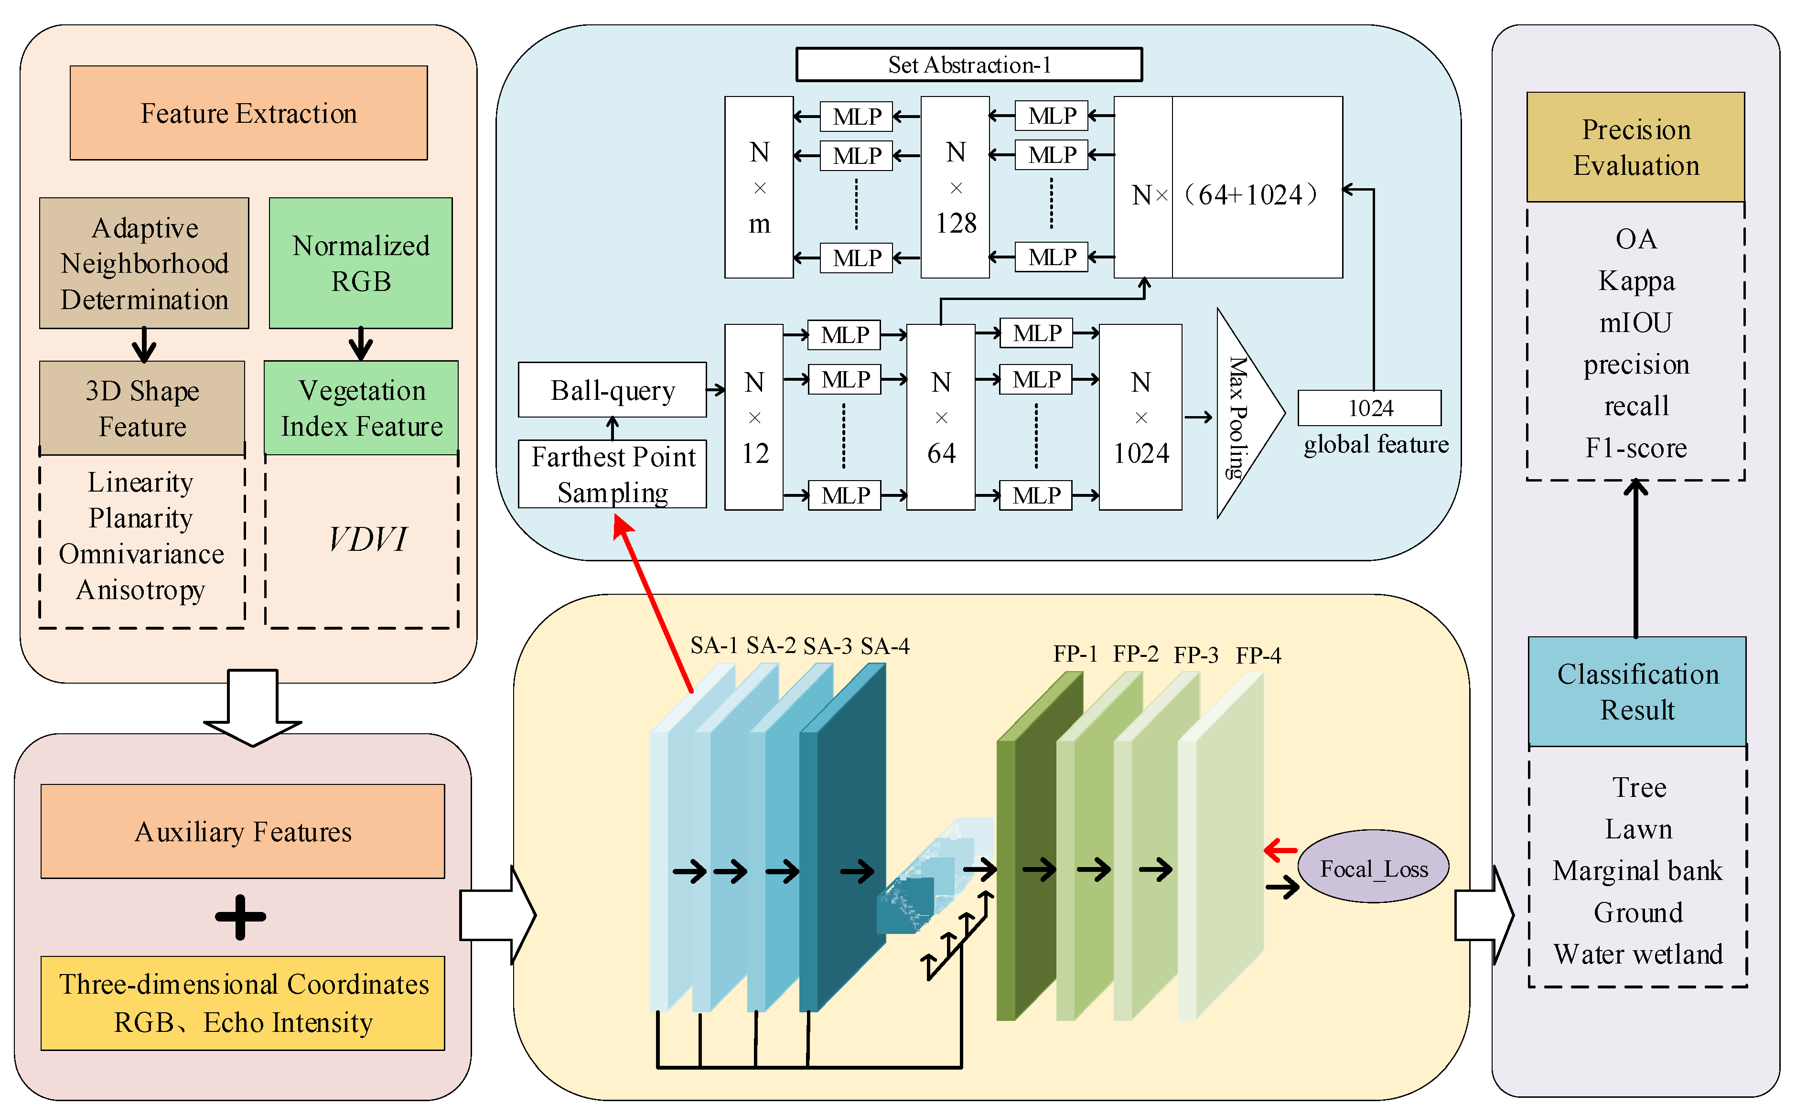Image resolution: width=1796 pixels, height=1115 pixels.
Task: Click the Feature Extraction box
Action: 248,113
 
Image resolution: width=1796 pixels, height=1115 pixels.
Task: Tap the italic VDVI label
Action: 366,539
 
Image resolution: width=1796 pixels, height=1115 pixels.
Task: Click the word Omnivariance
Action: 141,554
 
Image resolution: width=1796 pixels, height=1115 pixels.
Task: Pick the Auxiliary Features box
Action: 243,831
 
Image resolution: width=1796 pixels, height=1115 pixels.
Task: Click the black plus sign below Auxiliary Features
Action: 240,917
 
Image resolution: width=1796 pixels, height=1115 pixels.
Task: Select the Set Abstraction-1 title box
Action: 968,65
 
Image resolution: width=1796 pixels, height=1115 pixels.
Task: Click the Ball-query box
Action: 612,390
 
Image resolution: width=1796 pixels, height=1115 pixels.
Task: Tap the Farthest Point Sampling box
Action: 612,474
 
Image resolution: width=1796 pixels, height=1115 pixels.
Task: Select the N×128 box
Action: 955,187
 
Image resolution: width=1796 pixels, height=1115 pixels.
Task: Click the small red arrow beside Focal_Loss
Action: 1280,850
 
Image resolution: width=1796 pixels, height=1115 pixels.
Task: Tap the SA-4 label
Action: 884,646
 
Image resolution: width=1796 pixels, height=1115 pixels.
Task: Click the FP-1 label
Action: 1075,654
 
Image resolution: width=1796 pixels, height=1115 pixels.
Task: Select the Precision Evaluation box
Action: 1635,148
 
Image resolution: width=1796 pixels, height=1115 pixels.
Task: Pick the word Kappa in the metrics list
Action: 1635,281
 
